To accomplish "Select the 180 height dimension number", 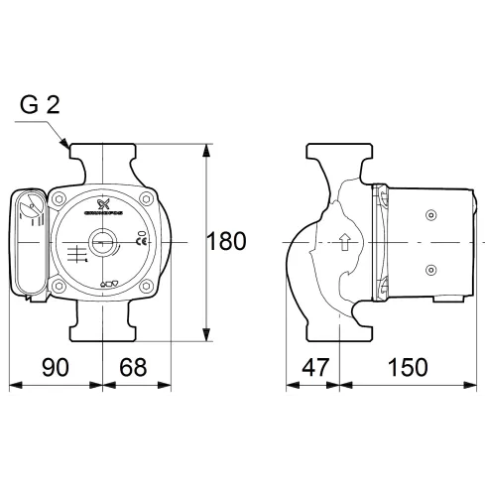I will [x=227, y=241].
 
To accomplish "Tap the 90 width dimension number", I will [x=55, y=366].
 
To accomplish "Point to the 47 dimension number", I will [x=313, y=366].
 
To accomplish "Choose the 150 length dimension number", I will [x=407, y=366].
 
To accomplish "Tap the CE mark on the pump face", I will [x=142, y=241].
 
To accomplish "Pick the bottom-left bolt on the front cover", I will [x=62, y=286].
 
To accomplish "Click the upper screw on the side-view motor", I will [x=429, y=215].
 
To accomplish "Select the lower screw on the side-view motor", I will [x=429, y=269].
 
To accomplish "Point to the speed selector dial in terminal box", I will [x=32, y=209].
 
